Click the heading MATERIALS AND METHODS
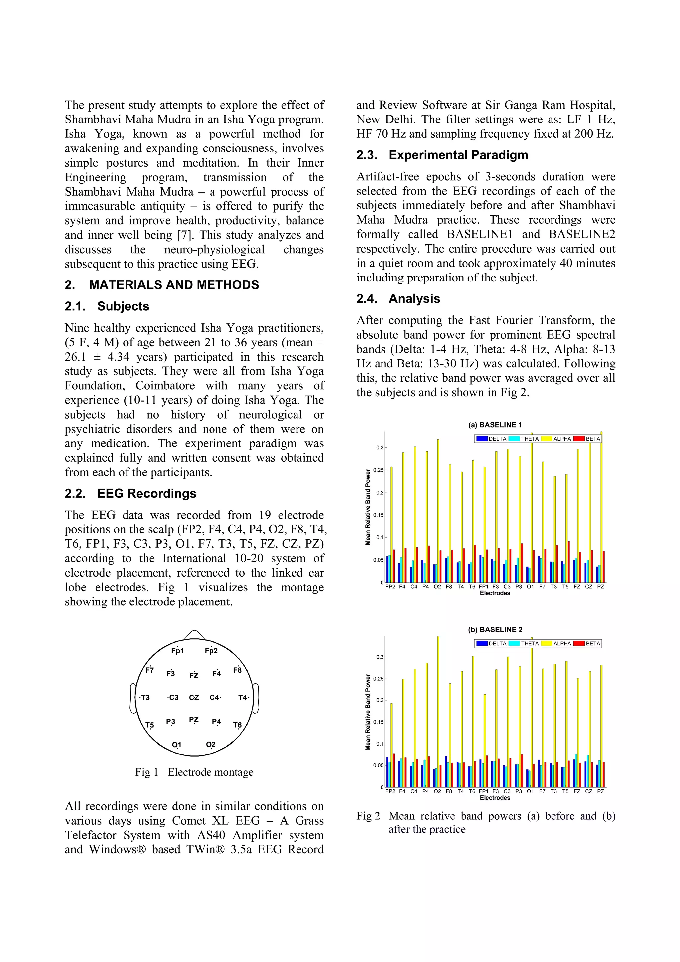pos(174,285)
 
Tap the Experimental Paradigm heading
pos(458,155)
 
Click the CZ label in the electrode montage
pos(194,698)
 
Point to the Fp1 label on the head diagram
pos(177,651)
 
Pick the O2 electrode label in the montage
pos(211,744)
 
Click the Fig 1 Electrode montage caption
pos(194,772)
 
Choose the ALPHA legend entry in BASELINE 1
pos(561,439)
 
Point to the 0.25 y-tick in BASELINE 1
pos(379,470)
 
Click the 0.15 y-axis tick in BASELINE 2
pos(378,722)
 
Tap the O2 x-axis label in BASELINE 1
pos(437,587)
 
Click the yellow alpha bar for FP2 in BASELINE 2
pos(392,746)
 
